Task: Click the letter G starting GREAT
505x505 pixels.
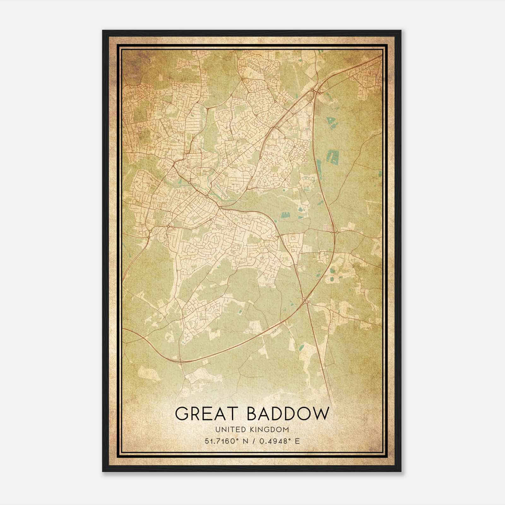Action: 182,413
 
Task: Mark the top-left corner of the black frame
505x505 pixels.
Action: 103,31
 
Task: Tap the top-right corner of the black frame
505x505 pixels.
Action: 401,31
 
